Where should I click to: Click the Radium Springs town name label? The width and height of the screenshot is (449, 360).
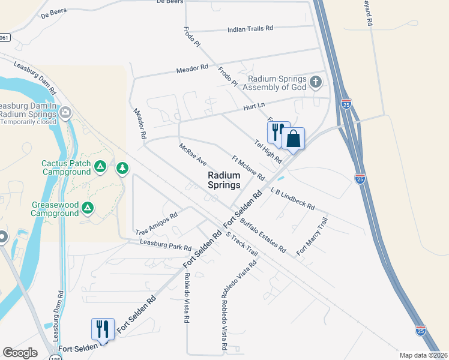(224, 180)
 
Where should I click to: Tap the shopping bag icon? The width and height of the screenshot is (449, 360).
(293, 139)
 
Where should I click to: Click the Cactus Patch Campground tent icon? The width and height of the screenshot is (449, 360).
(100, 166)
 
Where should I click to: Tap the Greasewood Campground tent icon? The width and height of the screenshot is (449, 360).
(88, 208)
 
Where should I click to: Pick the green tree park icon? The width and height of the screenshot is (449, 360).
(122, 167)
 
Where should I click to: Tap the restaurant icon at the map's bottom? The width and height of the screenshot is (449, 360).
(101, 329)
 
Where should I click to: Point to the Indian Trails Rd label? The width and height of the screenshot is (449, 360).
(250, 28)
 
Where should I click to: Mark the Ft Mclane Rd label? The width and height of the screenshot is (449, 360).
(248, 168)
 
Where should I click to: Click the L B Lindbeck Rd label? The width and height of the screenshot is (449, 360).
(292, 198)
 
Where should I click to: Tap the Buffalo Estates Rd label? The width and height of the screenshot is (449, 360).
(263, 236)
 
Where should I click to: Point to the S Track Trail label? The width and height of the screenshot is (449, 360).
(241, 245)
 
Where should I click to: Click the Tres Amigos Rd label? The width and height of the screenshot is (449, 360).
(157, 224)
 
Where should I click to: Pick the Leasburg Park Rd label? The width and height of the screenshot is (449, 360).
(165, 245)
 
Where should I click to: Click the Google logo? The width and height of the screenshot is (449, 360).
(20, 353)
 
